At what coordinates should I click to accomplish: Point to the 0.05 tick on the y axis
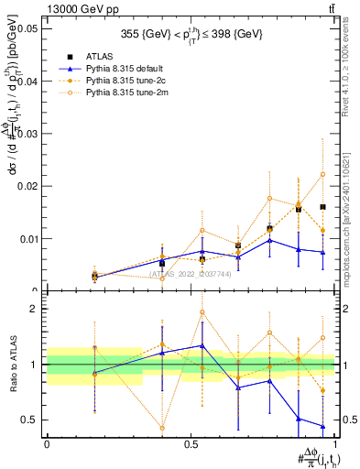pyautogui.click(x=29, y=28)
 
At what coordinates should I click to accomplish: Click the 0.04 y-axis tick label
pyautogui.click(x=29, y=81)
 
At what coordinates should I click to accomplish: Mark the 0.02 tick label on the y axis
pyautogui.click(x=29, y=186)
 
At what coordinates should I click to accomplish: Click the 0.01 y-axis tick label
pyautogui.click(x=29, y=239)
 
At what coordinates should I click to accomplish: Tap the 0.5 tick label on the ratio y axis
pyautogui.click(x=33, y=420)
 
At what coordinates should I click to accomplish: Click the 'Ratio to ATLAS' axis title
pyautogui.click(x=13, y=365)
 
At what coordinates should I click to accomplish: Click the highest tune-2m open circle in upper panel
pyautogui.click(x=322, y=174)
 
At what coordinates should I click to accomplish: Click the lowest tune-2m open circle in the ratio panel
pyautogui.click(x=162, y=428)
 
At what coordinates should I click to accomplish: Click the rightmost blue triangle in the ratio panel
pyautogui.click(x=322, y=426)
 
